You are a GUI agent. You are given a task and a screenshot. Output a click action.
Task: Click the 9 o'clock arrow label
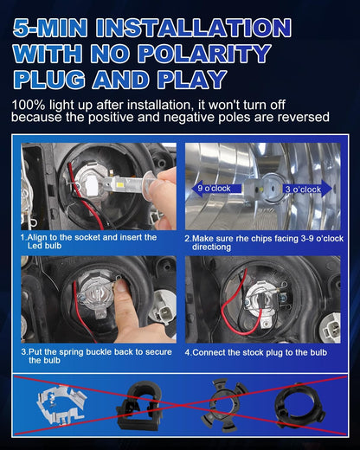point(212,187)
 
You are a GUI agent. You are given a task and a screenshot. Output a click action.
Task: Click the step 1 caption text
point(89,241)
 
